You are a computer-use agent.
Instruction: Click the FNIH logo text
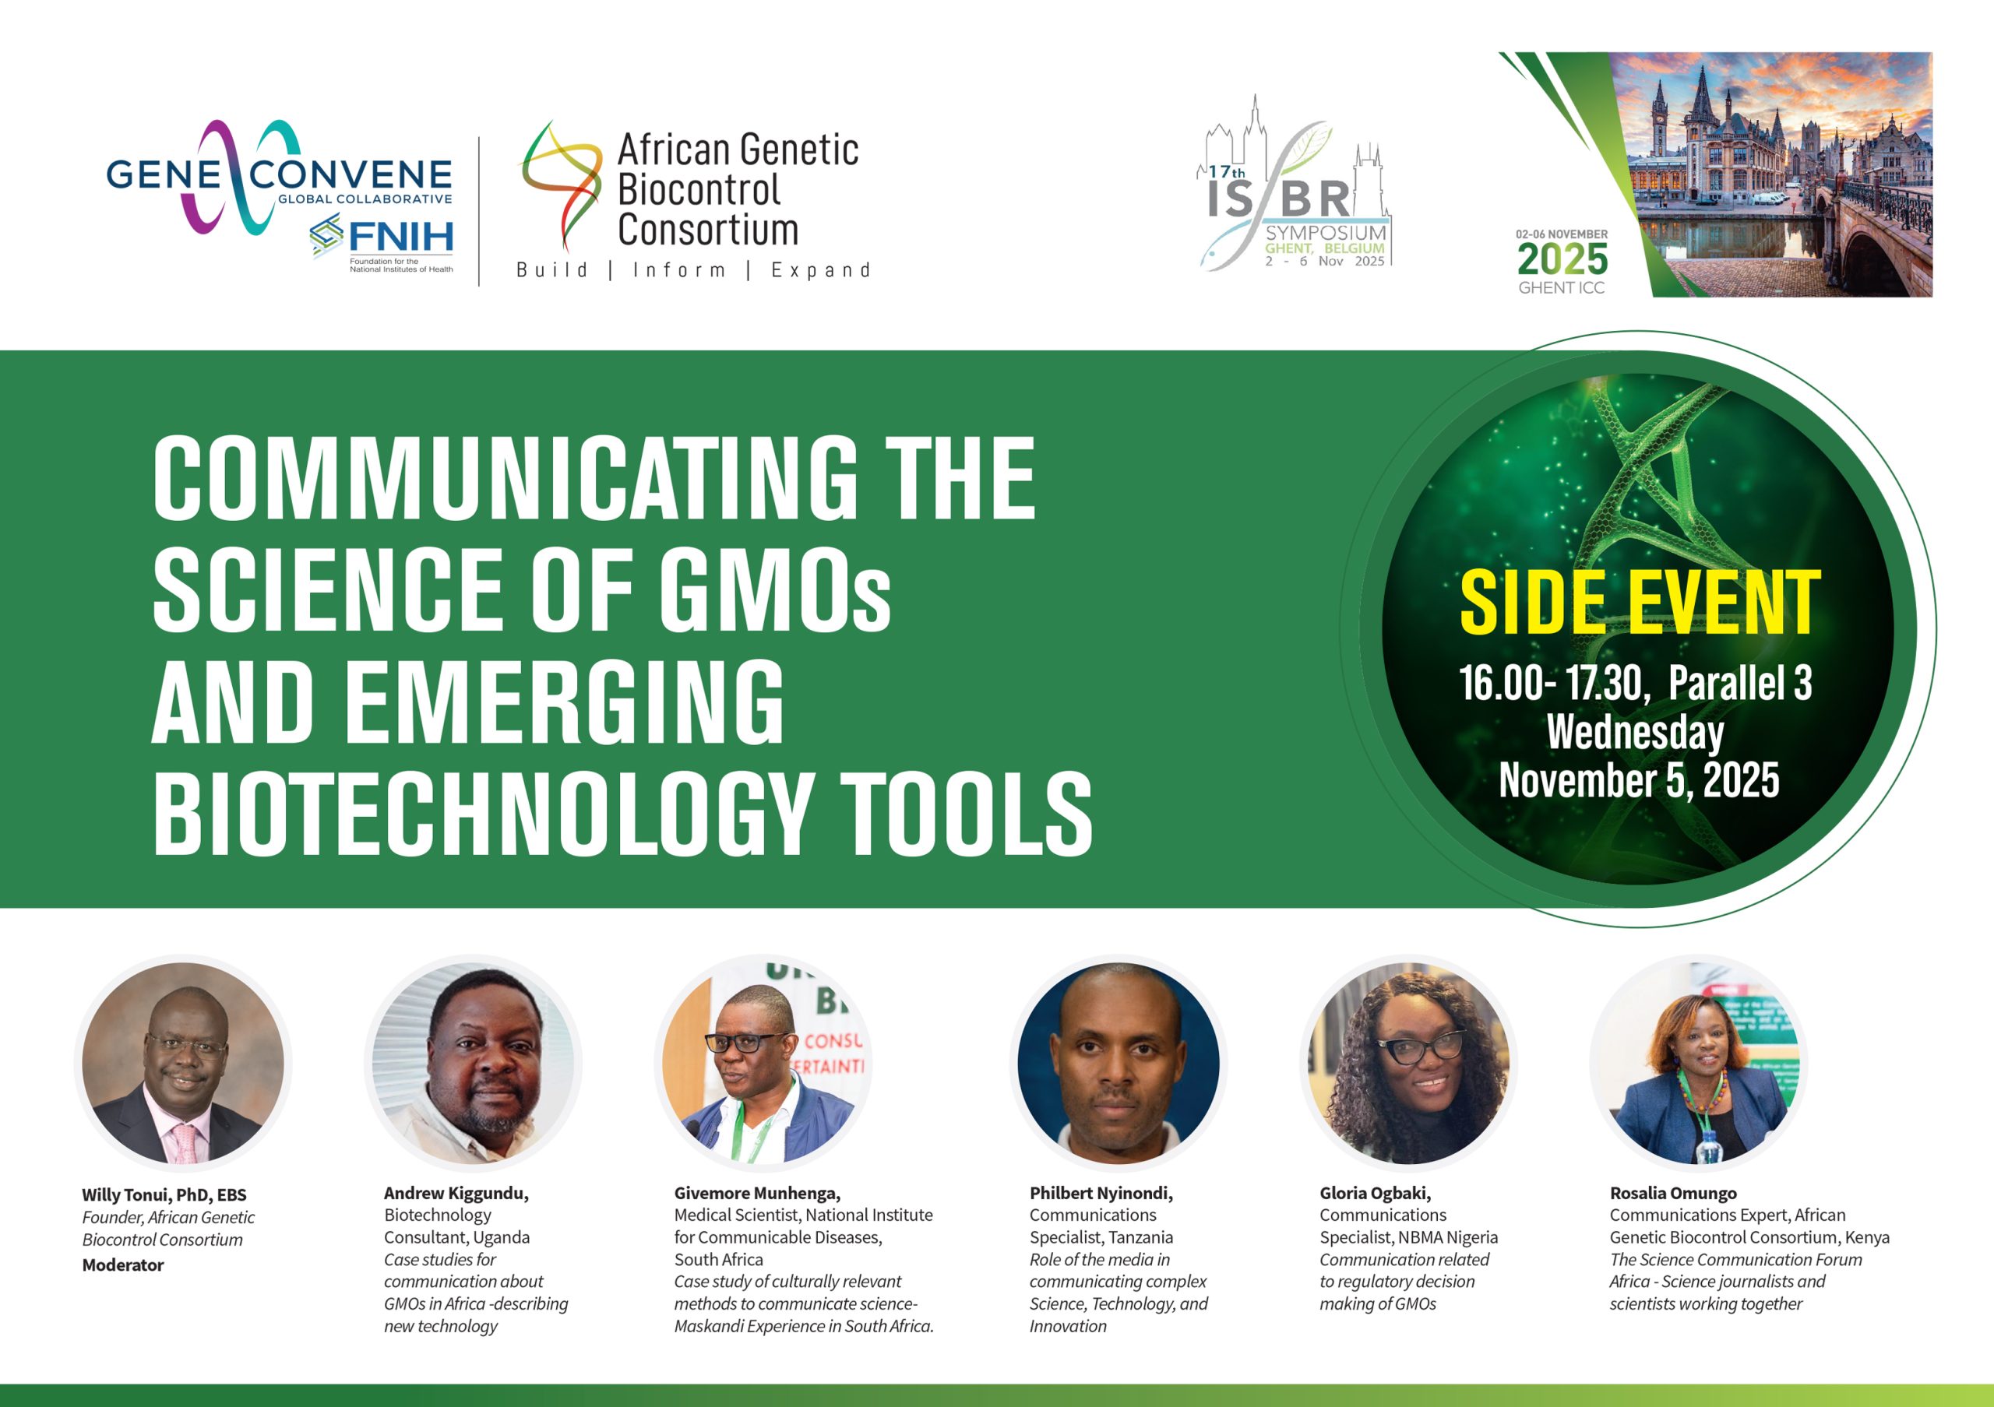[400, 235]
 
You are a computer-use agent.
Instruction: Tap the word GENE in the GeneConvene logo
[164, 174]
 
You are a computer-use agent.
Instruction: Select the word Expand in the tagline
[821, 270]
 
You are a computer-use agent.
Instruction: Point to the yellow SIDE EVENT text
[1640, 603]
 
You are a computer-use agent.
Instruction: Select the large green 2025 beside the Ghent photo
[1562, 259]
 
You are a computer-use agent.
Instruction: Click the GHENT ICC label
[1562, 288]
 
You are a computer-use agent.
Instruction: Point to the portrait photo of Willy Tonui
[183, 1064]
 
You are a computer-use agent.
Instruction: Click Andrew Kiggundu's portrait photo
[474, 1064]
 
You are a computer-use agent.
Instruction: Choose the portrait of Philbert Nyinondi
[1119, 1064]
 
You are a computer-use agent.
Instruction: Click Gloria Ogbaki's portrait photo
[1409, 1064]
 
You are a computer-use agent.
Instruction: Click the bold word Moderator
[123, 1265]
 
